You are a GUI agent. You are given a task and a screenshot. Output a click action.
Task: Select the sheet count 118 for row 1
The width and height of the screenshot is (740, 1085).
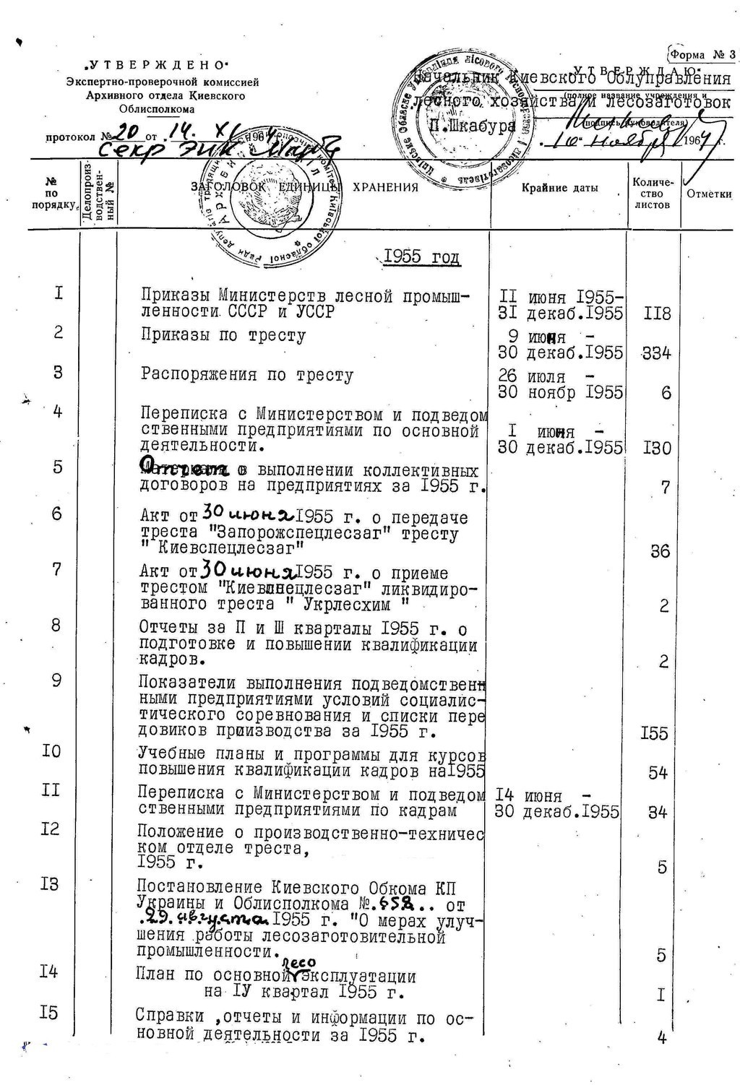(x=656, y=314)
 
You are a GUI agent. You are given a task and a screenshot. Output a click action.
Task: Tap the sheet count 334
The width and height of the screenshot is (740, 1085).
(x=656, y=353)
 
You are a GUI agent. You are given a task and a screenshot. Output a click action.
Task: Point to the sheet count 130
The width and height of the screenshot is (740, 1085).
(x=656, y=448)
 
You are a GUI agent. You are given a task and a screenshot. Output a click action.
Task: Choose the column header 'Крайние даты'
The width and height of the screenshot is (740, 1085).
(x=560, y=189)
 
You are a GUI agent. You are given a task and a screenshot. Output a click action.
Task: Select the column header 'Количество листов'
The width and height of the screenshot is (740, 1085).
(x=653, y=194)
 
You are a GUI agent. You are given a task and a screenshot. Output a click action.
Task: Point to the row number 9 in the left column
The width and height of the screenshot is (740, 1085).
(x=56, y=680)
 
